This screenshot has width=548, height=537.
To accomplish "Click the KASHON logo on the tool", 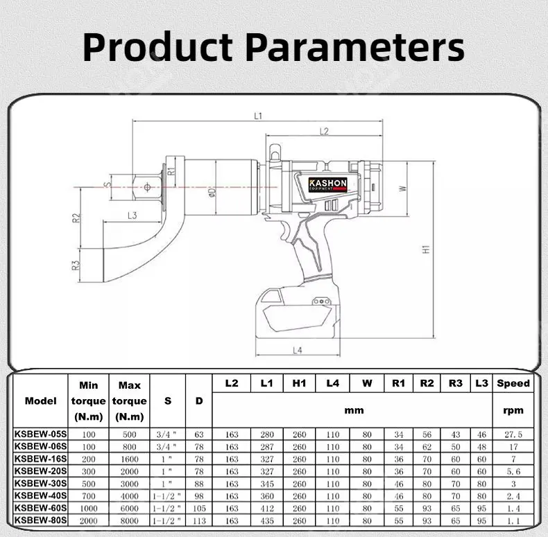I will tap(327, 184).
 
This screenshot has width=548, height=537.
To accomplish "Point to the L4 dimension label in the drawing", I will tap(298, 351).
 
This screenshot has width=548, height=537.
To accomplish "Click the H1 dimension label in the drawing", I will tap(427, 248).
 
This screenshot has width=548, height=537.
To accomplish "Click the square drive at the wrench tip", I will tap(146, 186).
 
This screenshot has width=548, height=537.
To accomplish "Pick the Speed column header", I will tap(513, 382).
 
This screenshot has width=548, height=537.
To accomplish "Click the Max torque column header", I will tap(130, 400).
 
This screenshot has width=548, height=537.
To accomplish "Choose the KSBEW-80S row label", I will tap(40, 520).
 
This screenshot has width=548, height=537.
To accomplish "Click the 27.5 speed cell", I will tap(513, 434).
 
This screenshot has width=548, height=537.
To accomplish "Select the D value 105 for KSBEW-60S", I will tap(199, 508).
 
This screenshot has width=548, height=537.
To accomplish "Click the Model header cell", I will tap(40, 400).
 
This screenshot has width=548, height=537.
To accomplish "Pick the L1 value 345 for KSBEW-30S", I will tap(266, 483).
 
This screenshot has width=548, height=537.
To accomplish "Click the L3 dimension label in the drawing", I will tap(132, 215).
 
